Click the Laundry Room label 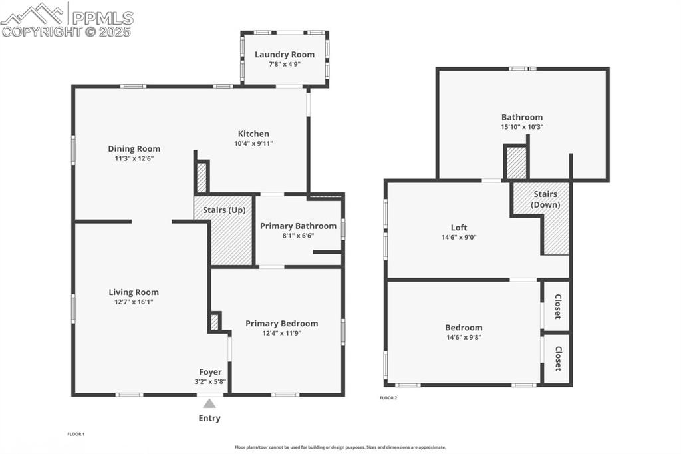285,55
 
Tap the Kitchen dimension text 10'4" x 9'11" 253,143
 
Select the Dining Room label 134,149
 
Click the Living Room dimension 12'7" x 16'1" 134,302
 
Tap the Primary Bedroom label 281,324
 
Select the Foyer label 210,372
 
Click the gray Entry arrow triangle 209,403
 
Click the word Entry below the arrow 209,419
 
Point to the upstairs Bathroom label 522,117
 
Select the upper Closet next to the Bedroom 557,306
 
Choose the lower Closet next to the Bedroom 557,359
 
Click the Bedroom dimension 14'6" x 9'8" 464,337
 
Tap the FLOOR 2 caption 388,398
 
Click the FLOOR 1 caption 76,434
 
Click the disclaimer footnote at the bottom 340,447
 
